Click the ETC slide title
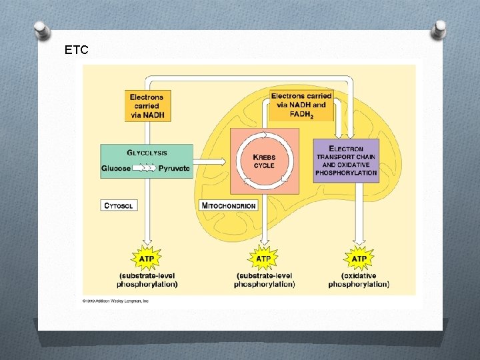(76, 49)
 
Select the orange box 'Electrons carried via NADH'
(147, 106)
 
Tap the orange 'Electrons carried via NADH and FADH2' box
(301, 105)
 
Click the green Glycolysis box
(147, 161)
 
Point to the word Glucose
(116, 169)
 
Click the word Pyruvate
(174, 169)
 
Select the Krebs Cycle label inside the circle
(264, 161)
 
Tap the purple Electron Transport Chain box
(346, 161)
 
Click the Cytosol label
(119, 205)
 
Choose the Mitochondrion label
(229, 205)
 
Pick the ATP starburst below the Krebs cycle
(264, 258)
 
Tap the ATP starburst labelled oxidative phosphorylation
(359, 258)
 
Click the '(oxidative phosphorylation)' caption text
(359, 280)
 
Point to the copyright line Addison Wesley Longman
(115, 301)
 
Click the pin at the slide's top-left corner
(41, 30)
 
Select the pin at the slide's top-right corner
(439, 29)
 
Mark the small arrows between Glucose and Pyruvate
(145, 169)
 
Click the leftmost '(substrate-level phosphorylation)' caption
(147, 280)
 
